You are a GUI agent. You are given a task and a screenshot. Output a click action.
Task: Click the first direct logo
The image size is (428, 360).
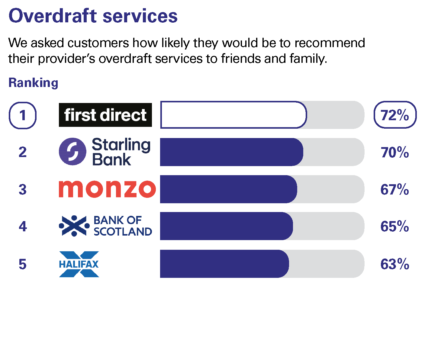coord(105,115)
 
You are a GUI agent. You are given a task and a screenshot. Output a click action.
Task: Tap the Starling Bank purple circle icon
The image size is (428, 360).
coord(72,152)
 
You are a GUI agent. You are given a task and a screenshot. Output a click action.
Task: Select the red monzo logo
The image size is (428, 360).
coord(107,189)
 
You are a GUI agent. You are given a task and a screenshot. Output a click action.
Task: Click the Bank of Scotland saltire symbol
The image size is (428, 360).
coord(74,226)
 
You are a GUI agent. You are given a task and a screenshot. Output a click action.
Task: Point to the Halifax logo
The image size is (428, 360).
coord(79,264)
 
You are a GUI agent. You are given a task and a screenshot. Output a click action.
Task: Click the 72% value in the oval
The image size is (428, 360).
coord(395,115)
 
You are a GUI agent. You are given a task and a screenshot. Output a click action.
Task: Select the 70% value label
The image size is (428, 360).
coord(395,152)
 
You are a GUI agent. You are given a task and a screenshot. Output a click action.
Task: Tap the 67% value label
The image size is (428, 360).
coord(395,189)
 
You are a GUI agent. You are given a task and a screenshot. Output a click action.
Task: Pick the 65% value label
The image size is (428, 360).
coord(395,227)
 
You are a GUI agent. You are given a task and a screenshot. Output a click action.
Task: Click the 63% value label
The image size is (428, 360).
coord(395,264)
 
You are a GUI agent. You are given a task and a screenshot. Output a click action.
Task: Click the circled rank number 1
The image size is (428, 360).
coord(23,115)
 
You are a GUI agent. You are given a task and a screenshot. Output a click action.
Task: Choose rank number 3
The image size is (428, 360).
coord(23,189)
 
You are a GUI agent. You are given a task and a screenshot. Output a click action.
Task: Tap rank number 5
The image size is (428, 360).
coord(23,264)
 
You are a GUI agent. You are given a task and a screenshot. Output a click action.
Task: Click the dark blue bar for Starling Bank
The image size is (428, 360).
coord(232,152)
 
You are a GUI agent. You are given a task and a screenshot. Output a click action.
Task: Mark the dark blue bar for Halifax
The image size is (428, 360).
coord(224,264)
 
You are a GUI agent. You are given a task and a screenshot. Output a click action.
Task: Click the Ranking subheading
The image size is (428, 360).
coord(34,83)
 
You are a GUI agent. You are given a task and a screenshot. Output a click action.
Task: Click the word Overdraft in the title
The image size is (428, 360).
coord(53,16)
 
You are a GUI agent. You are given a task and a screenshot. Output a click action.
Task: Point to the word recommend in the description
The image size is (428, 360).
coord(330,43)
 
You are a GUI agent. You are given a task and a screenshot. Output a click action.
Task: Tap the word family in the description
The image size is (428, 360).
coord(308,59)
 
